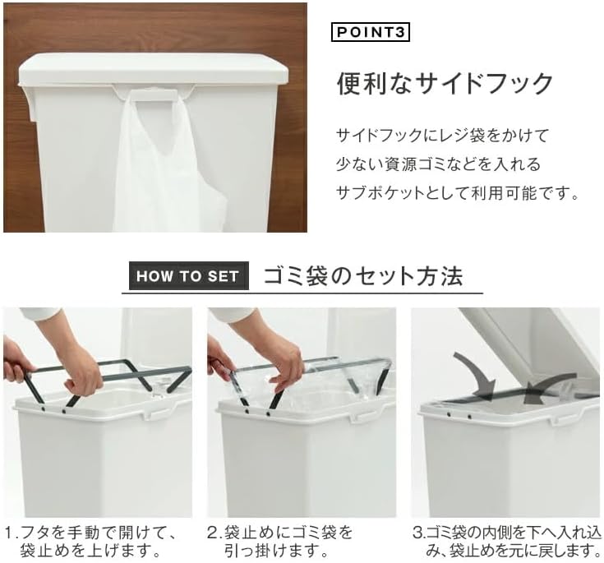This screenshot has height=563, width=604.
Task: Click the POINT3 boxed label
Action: [370, 32]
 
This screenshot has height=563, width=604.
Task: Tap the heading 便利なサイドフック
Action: [445, 83]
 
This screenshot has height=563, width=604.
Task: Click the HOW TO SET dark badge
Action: [189, 276]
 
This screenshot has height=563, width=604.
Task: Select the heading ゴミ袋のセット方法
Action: [363, 276]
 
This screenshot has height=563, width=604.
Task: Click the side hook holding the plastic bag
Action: [154, 95]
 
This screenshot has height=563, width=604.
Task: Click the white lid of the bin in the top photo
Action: [154, 69]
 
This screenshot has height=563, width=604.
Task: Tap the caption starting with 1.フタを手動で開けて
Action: [91, 542]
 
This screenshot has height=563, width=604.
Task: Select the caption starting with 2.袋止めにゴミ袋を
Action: [279, 542]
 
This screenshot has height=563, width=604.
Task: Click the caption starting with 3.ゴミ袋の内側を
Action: [506, 542]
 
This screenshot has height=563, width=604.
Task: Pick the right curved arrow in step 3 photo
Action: [551, 387]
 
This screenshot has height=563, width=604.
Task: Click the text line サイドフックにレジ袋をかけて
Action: [442, 136]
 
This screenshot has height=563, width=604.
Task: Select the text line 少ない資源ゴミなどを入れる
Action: [438, 164]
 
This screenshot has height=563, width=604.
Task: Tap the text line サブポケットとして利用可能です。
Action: [458, 193]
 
